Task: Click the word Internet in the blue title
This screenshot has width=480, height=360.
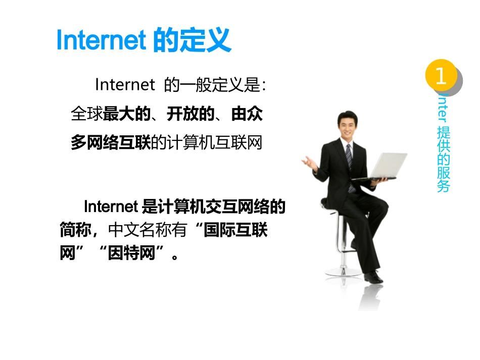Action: tap(101, 40)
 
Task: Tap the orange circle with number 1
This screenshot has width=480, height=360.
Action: tap(441, 76)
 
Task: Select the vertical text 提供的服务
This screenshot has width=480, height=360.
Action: tap(443, 160)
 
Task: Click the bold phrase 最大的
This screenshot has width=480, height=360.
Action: tap(127, 114)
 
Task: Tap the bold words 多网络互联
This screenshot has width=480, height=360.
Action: tap(111, 143)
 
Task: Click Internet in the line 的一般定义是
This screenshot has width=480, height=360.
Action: tap(124, 85)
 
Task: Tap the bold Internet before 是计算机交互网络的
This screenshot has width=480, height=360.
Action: tap(110, 207)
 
